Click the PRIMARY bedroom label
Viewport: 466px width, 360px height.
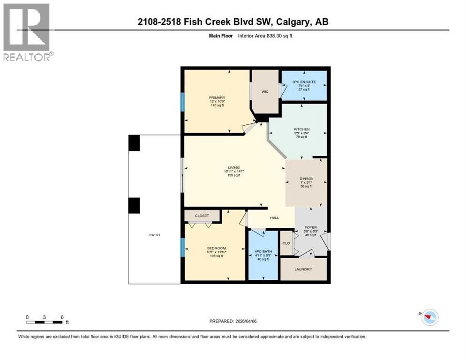tap(214, 98)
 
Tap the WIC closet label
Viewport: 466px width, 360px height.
tap(264, 92)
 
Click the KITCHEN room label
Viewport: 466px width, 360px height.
tap(301, 129)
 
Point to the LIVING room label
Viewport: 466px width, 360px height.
tap(233, 167)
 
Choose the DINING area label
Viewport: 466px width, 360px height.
tap(306, 179)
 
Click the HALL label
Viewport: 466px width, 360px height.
tap(274, 217)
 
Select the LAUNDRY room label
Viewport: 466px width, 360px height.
tap(303, 269)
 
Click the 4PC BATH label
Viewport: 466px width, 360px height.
tap(262, 252)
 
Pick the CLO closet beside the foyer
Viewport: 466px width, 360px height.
tap(286, 243)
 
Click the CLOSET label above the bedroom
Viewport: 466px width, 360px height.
tap(202, 216)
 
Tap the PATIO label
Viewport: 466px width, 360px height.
tap(155, 235)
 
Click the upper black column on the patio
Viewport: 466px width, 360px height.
tap(134, 142)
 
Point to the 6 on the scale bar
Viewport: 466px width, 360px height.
tap(62, 317)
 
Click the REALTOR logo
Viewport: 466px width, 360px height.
tap(27, 32)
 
